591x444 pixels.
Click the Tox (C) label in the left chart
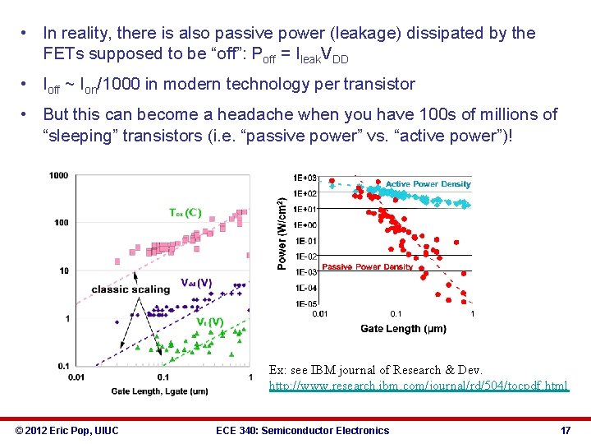click(x=185, y=212)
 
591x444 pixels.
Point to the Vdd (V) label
click(x=196, y=283)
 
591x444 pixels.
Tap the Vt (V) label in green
click(x=209, y=321)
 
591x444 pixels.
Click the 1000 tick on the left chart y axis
click(x=58, y=175)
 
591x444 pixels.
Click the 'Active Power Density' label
click(x=428, y=184)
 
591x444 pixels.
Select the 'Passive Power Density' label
click(x=367, y=267)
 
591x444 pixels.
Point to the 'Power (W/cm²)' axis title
click(x=282, y=234)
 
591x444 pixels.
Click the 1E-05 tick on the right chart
click(x=305, y=303)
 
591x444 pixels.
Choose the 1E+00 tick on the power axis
click(x=305, y=224)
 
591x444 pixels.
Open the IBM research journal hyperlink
click(x=418, y=386)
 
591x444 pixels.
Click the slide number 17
click(x=565, y=430)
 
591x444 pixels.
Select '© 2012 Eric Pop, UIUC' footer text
click(x=66, y=430)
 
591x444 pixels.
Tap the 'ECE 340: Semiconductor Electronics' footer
click(x=302, y=430)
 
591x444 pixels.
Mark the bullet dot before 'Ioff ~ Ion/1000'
click(x=27, y=84)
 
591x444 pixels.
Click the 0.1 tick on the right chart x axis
click(x=396, y=313)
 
